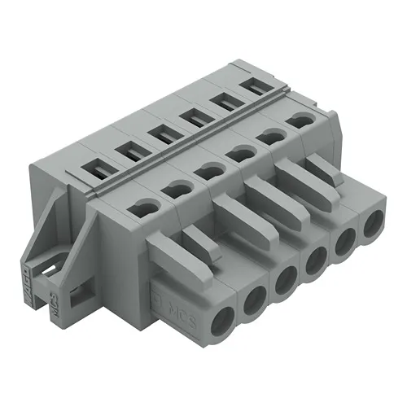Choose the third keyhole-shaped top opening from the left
pyautogui.click(x=208, y=171)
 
